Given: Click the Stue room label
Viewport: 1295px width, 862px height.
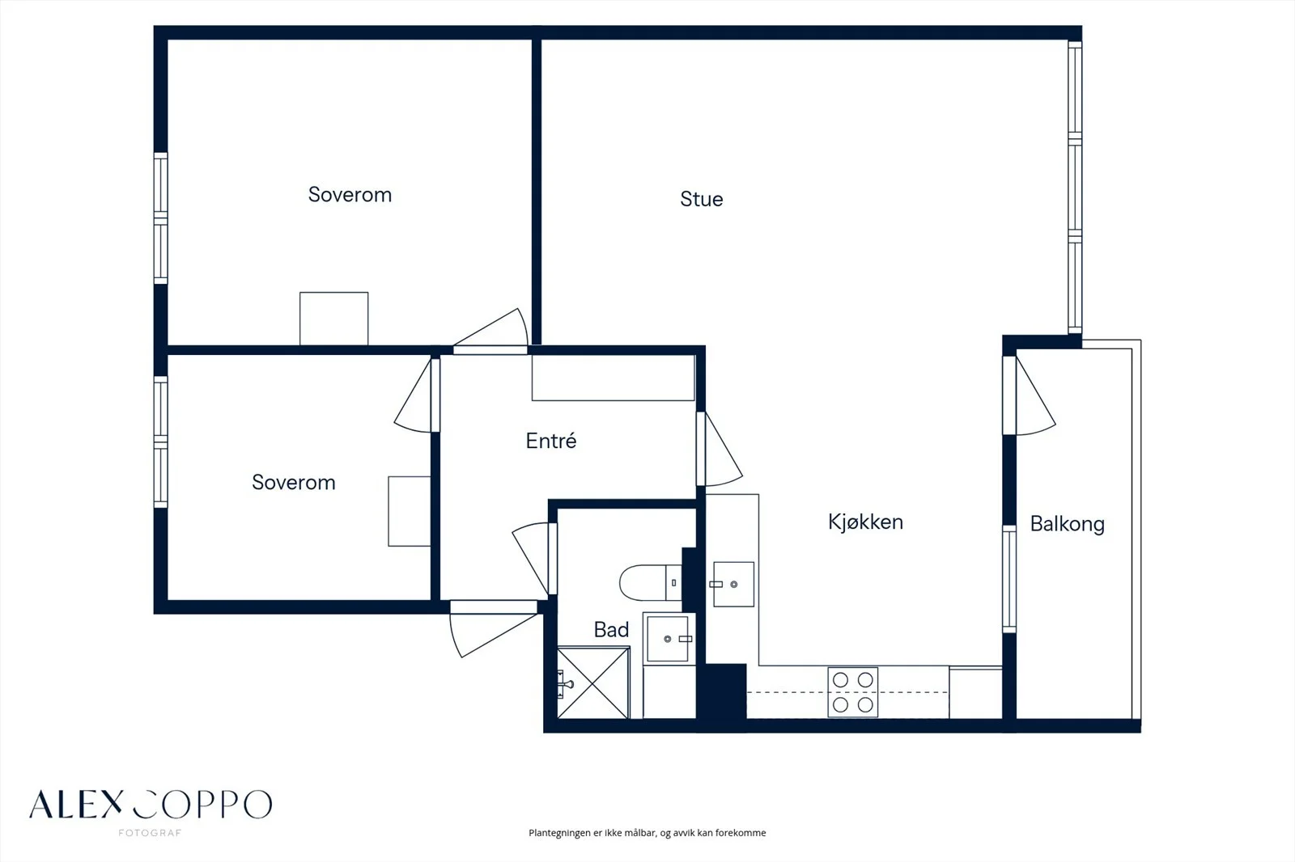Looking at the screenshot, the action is [701, 199].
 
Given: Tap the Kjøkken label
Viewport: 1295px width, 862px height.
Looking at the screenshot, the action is [865, 522].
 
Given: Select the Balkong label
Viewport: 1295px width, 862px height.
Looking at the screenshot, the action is [1068, 524].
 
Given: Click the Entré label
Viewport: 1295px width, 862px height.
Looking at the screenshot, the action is [551, 441].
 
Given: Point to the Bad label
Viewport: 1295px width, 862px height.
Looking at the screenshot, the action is [611, 630].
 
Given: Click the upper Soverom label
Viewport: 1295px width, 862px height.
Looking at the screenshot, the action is [350, 195].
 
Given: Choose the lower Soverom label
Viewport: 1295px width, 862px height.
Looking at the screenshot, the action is [294, 483].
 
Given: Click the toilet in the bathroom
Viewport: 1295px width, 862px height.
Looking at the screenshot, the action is [651, 583].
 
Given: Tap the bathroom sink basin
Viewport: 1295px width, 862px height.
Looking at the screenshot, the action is [669, 638].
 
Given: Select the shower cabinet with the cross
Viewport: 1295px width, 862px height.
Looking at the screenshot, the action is [593, 682].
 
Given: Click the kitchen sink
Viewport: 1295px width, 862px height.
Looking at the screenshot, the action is [733, 584].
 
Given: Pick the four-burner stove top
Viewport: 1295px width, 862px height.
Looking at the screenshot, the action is [853, 692].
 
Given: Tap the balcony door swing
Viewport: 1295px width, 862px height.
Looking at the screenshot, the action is [1036, 395].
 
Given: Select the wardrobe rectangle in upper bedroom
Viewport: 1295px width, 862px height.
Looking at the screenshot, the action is [333, 319].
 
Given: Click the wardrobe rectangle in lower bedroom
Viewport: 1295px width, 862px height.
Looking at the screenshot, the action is [410, 511].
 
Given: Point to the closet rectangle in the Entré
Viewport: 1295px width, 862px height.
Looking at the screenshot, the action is [613, 378].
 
